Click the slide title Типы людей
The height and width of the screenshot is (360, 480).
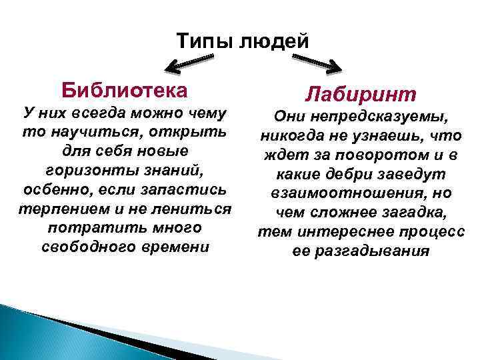[x=243, y=42]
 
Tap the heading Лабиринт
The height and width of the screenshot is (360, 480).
[x=361, y=93]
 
